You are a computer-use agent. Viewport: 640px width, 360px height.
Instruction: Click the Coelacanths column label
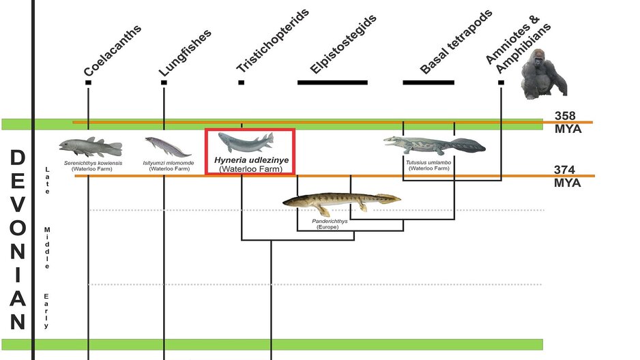click(x=113, y=51)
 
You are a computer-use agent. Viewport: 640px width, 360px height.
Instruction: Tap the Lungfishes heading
click(x=185, y=52)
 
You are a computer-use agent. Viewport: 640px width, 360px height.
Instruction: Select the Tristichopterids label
click(x=272, y=41)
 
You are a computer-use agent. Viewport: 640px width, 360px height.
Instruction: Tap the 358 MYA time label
click(x=567, y=121)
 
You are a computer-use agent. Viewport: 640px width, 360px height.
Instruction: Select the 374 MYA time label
click(x=568, y=177)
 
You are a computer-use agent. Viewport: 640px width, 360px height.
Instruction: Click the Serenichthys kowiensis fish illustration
click(x=90, y=147)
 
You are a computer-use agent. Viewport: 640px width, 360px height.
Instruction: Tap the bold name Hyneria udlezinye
click(x=250, y=160)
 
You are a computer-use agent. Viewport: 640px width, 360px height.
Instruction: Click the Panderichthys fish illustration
click(x=341, y=200)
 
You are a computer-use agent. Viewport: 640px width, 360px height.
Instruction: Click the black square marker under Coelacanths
click(x=88, y=82)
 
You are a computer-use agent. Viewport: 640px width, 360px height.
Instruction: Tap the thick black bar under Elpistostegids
click(x=332, y=82)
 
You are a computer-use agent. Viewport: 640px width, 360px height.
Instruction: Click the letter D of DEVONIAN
click(x=18, y=158)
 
